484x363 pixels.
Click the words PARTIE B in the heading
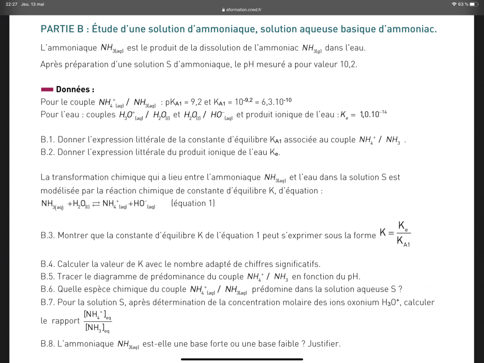61,29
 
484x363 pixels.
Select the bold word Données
75,90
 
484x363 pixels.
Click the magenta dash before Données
47,90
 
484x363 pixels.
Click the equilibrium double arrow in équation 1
95,204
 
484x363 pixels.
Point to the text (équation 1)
193,203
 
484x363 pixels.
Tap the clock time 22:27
12,4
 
